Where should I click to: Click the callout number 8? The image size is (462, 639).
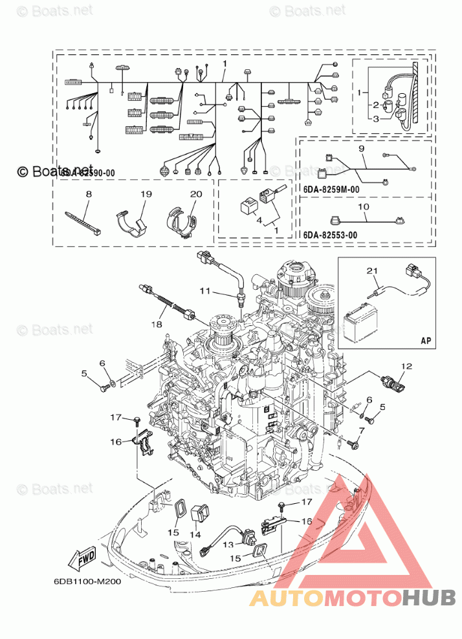(89, 194)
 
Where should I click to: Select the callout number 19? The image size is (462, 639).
(146, 194)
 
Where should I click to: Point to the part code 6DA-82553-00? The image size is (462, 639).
(331, 235)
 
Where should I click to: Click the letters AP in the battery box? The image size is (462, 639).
(425, 339)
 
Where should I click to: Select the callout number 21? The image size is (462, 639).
(370, 270)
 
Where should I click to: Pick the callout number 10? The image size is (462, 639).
(364, 207)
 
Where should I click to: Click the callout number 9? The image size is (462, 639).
(363, 149)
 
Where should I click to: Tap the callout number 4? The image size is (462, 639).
(260, 220)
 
